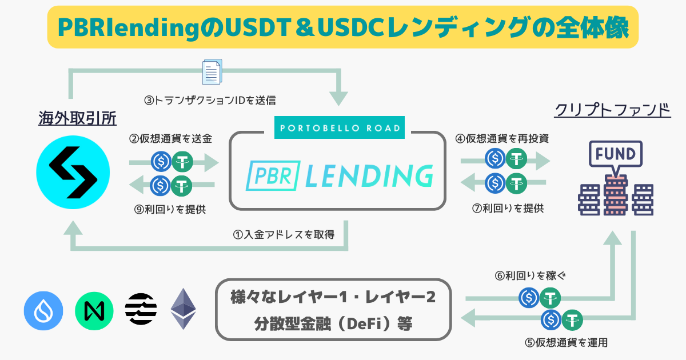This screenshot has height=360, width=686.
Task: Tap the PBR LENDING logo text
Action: point(338,175)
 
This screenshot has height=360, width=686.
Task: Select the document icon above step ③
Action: point(212,73)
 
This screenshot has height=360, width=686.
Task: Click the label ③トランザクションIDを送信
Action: point(210,101)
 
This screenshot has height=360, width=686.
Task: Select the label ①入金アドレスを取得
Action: point(284,234)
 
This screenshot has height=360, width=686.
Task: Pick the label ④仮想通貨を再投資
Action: point(502,139)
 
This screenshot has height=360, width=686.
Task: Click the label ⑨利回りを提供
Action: point(170,210)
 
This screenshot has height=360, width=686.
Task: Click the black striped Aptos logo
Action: point(141,309)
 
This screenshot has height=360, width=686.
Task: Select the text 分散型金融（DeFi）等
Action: point(332,324)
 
